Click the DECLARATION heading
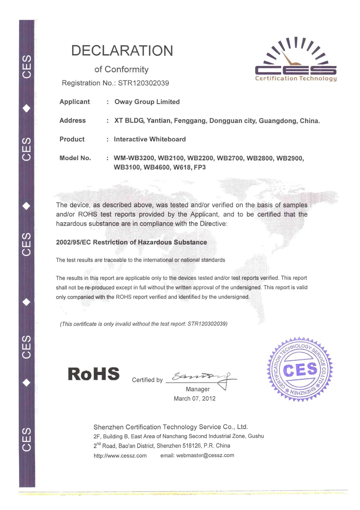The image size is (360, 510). click(x=122, y=51)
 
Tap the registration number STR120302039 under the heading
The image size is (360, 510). click(x=143, y=83)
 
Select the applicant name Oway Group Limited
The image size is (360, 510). click(x=147, y=102)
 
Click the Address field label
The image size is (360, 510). click(x=72, y=120)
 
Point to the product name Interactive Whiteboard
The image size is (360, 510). click(x=150, y=139)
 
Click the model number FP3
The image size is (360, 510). click(x=200, y=167)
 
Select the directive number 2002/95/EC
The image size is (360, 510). click(x=73, y=242)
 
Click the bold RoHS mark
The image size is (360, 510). click(x=94, y=374)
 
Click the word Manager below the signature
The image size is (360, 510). click(x=198, y=389)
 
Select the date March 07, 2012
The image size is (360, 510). click(x=194, y=398)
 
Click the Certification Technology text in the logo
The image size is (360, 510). click(x=296, y=79)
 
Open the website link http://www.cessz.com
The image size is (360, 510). click(x=120, y=456)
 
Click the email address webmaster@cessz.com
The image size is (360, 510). click(x=205, y=455)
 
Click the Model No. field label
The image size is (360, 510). click(x=75, y=158)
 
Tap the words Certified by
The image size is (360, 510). click(x=147, y=380)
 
